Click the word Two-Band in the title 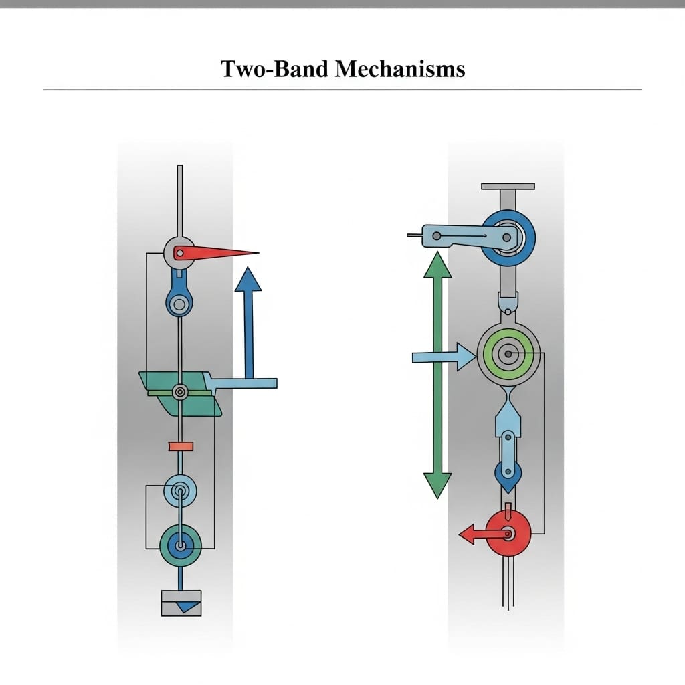point(276,69)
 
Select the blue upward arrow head point(248,279)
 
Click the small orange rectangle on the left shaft point(181,446)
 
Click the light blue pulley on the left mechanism point(180,491)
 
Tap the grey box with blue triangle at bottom point(181,603)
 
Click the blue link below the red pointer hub point(179,294)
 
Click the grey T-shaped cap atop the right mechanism point(507,186)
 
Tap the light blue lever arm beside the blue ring point(468,235)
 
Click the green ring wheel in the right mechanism point(508,353)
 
